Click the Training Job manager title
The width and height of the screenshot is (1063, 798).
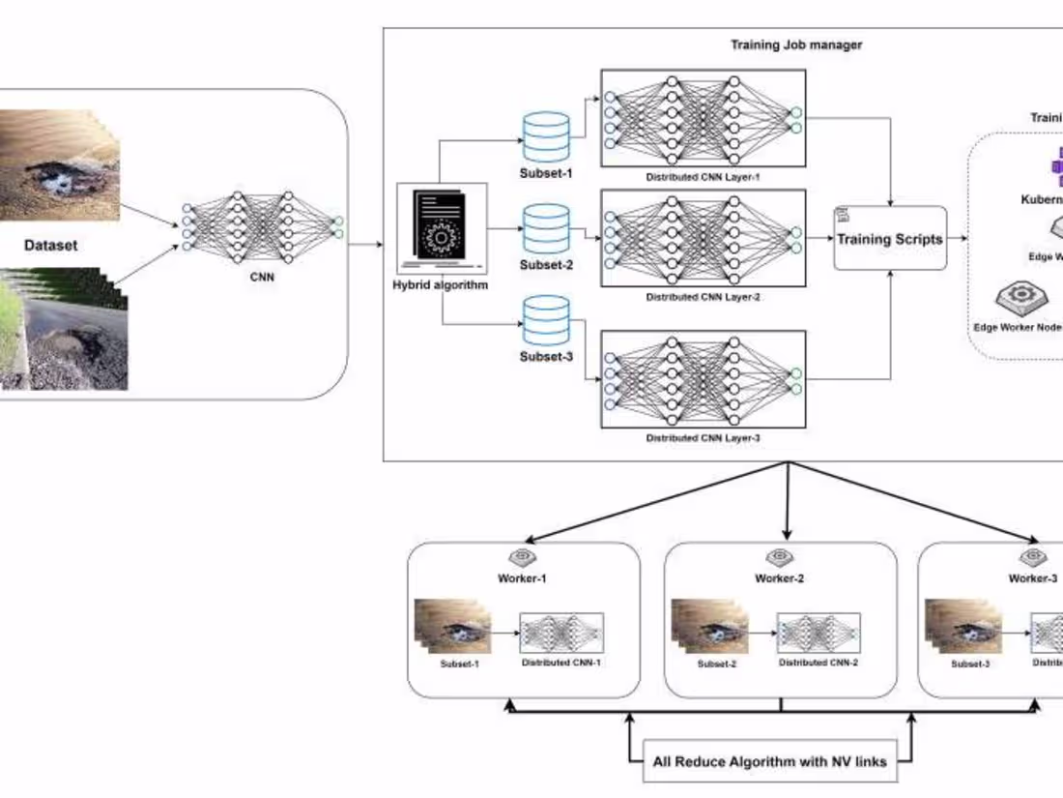796,44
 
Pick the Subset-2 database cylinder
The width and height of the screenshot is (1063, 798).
545,227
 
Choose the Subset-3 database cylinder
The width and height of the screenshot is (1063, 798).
545,320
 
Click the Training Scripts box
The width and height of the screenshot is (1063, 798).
889,239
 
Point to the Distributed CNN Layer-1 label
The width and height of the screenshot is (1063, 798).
703,178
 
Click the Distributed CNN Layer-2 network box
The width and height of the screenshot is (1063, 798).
703,238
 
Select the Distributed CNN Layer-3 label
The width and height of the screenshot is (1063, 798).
703,438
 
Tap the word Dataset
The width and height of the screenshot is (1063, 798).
50,246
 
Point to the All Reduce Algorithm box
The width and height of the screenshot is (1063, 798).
769,761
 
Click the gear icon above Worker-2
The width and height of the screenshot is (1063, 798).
779,558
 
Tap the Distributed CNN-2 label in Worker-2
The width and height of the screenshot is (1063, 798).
819,663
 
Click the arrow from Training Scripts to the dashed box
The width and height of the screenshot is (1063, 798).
957,239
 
